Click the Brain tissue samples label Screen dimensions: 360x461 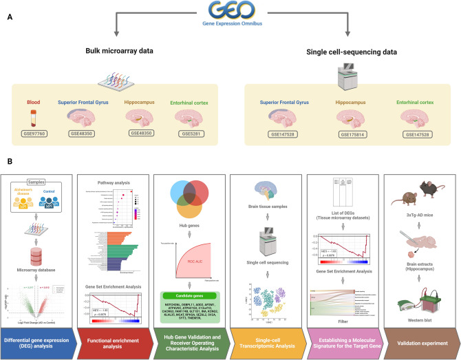point(270,205)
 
